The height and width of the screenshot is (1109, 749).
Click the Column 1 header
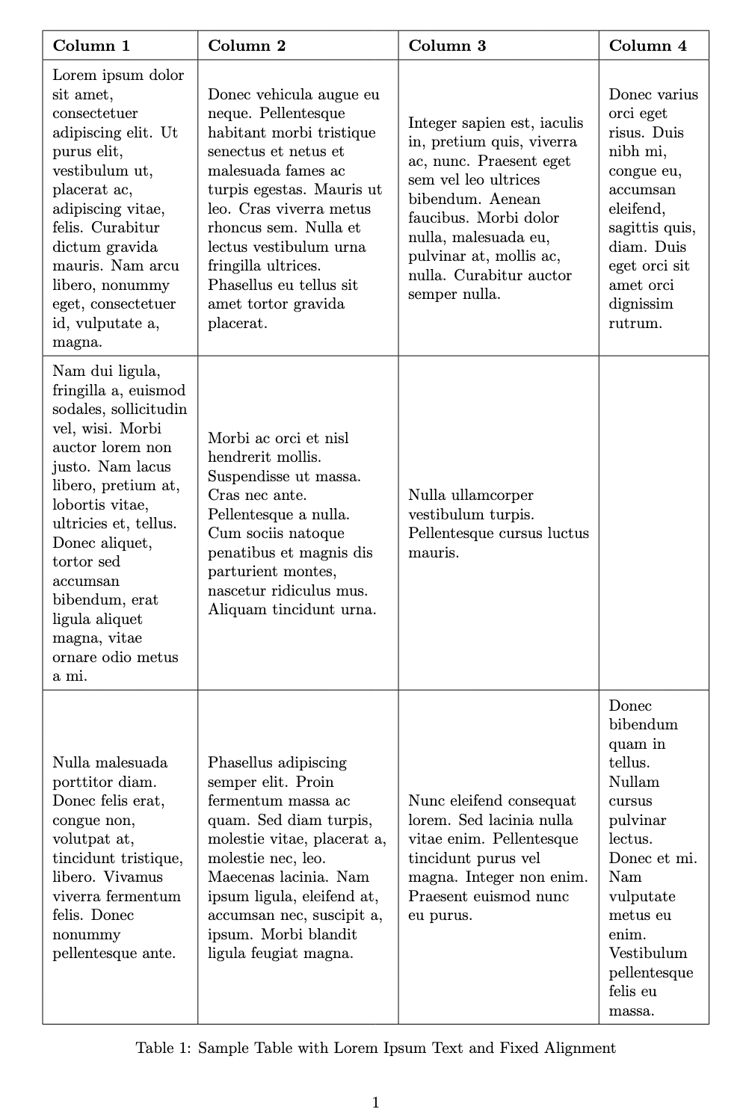click(x=91, y=46)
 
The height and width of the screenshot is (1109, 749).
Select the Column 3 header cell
click(x=447, y=46)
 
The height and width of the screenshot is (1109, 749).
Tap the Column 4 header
click(x=647, y=46)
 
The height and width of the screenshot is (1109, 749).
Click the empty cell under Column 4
click(x=653, y=522)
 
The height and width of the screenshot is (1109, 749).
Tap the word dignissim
click(x=641, y=304)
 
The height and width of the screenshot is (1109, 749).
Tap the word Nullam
click(x=634, y=782)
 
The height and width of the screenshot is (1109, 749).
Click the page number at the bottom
click(x=375, y=1102)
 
